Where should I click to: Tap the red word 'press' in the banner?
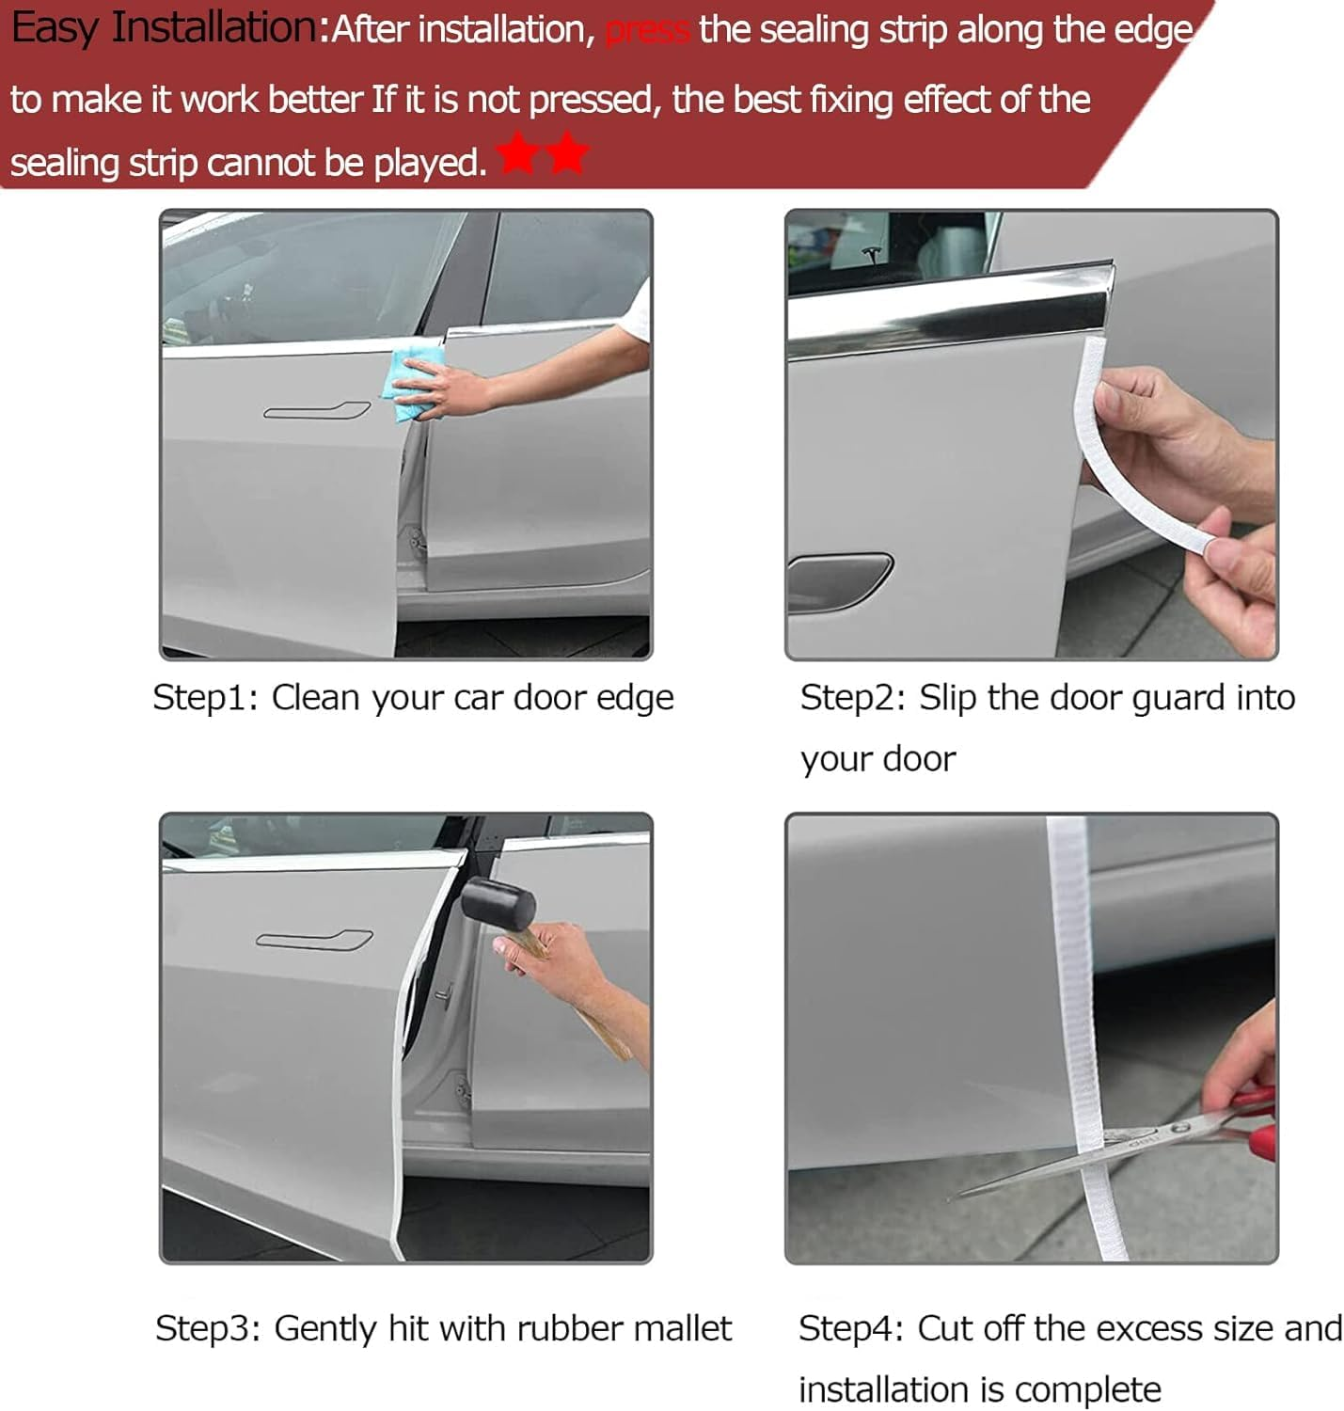click(x=647, y=31)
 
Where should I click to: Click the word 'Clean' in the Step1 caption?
click(x=316, y=698)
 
